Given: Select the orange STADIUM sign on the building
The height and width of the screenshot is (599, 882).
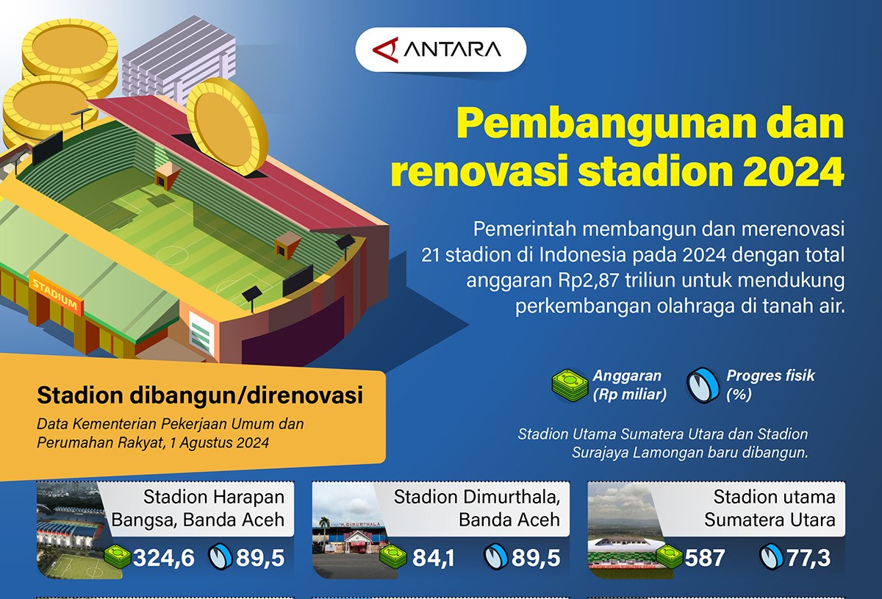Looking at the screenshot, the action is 56,293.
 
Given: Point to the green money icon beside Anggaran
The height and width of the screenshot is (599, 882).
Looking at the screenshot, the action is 570,386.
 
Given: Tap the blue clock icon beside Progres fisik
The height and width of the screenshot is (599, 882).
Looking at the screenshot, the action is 703,385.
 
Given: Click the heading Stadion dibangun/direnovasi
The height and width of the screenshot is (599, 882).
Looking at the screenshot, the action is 200,395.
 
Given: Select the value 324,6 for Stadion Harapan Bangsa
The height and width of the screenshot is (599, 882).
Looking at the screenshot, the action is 164,558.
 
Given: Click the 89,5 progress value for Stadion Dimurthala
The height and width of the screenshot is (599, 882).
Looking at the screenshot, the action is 536,558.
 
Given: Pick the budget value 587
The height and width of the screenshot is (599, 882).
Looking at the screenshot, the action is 704,558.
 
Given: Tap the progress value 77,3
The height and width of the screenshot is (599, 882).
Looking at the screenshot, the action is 808,558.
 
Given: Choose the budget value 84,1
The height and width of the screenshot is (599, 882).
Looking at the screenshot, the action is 433,558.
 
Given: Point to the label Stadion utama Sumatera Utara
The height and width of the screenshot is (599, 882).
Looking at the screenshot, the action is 770,508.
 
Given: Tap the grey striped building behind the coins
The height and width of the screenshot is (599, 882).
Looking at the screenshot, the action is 179,59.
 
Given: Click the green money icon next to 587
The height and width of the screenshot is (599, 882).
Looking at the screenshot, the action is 670,556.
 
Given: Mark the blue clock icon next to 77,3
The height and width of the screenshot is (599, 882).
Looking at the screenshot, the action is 771,556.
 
